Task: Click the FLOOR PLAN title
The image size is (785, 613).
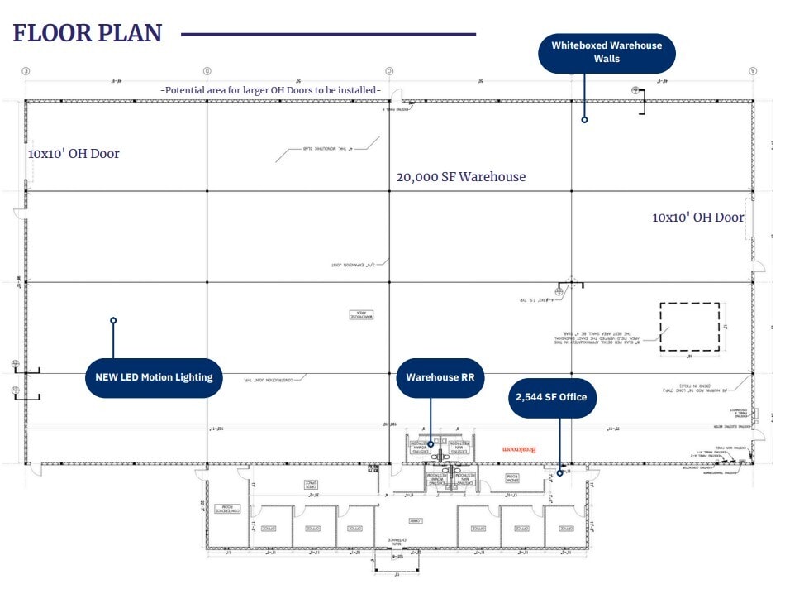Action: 87,33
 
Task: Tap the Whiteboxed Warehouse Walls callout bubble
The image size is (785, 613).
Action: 607,52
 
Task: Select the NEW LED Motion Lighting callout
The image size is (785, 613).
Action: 154,377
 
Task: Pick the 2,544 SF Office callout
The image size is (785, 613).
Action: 551,397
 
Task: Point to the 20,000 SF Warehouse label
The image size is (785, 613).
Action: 460,176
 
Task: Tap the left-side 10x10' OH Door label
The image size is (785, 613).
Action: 74,154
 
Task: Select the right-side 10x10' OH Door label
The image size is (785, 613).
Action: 698,218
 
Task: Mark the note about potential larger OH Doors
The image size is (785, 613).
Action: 271,89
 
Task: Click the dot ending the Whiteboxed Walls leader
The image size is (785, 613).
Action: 584,120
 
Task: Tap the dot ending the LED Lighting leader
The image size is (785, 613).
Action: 113,320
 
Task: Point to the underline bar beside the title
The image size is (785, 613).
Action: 328,35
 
